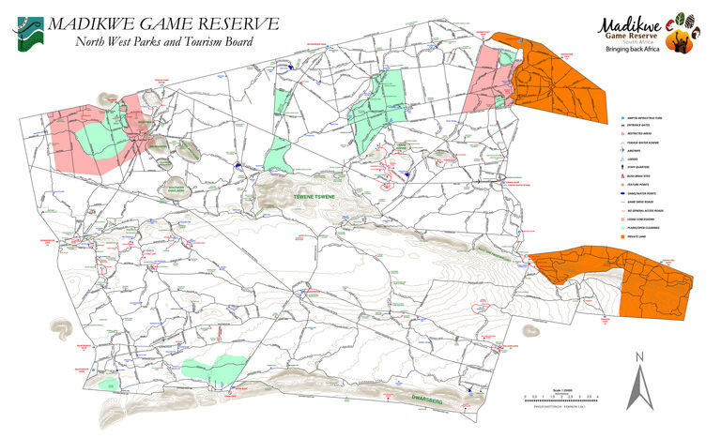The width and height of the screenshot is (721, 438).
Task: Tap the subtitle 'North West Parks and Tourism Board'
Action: pos(163,41)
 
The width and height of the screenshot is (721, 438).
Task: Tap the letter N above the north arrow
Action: pos(638,356)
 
